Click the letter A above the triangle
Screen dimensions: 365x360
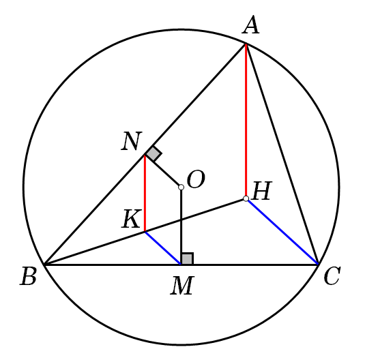250,25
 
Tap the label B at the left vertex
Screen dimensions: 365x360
28,276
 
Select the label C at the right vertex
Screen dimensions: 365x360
332,276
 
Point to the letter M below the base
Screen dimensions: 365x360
182,286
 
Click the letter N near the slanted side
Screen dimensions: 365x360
132,141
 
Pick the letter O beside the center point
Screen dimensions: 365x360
196,179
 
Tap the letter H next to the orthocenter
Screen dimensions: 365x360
262,191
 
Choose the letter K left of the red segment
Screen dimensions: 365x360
132,219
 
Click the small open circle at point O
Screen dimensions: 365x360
181,187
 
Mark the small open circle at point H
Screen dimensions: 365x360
246,198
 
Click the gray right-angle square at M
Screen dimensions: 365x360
188,258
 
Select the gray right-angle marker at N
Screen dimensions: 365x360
154,154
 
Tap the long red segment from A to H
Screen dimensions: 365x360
246,120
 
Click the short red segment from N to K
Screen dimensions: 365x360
145,193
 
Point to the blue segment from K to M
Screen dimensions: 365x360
163,248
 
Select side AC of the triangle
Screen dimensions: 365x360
282,154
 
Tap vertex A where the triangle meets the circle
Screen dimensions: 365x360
246,44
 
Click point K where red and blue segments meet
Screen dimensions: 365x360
145,232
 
